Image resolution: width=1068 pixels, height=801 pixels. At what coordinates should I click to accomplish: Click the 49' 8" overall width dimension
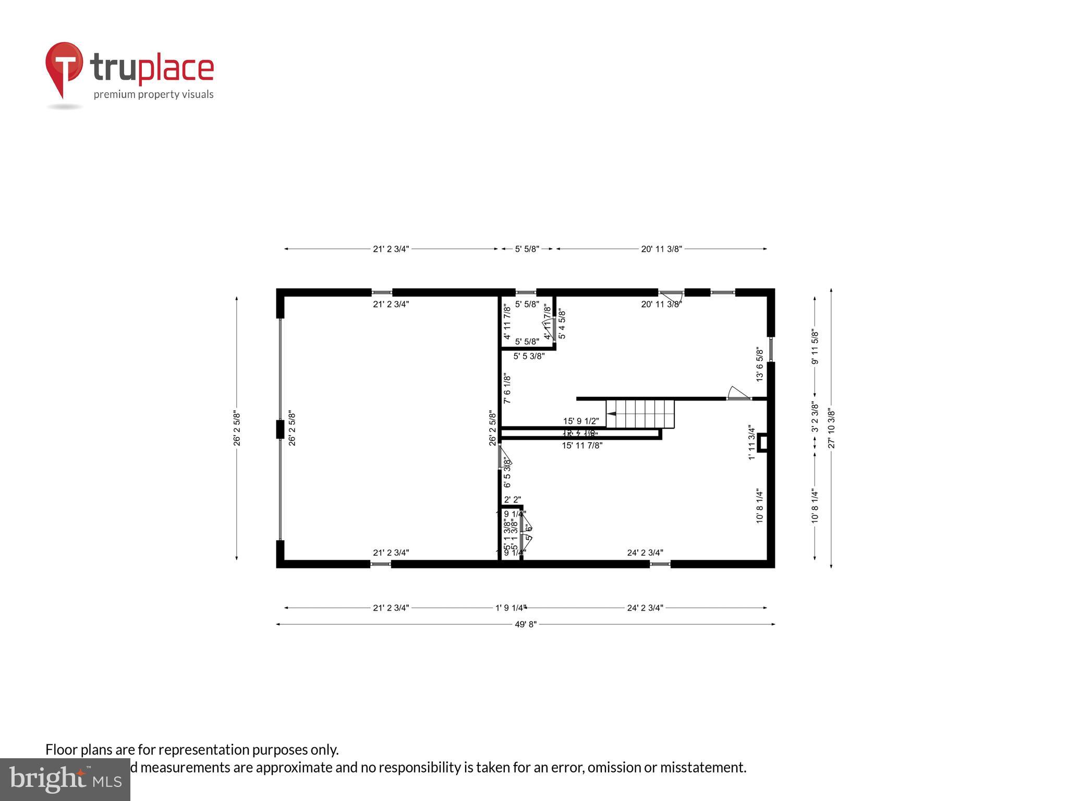pyautogui.click(x=526, y=624)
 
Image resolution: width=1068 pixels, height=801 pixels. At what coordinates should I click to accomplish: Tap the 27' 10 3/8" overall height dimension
pyautogui.click(x=831, y=429)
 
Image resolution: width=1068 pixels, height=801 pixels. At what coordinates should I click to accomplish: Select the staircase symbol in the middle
pyautogui.click(x=640, y=414)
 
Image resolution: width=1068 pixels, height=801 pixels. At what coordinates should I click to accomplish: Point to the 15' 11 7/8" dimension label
pyautogui.click(x=582, y=445)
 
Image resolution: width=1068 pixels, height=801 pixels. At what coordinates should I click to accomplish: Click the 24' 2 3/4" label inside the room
pyautogui.click(x=645, y=553)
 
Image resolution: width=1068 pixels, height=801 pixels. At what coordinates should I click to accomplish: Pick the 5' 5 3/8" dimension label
pyautogui.click(x=529, y=356)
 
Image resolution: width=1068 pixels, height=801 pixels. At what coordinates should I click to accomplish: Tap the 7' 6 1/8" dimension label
pyautogui.click(x=507, y=389)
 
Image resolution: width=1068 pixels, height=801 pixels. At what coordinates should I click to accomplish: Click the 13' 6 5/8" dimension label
pyautogui.click(x=760, y=365)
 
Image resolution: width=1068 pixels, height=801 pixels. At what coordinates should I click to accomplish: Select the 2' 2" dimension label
pyautogui.click(x=512, y=500)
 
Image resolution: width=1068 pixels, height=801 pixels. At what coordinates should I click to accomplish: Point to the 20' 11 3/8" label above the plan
pyautogui.click(x=661, y=249)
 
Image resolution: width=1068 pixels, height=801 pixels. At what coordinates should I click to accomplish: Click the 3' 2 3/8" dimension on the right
pyautogui.click(x=815, y=417)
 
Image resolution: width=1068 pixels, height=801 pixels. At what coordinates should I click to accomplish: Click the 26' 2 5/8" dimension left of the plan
pyautogui.click(x=237, y=428)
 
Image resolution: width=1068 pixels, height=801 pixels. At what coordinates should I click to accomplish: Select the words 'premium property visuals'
pyautogui.click(x=153, y=94)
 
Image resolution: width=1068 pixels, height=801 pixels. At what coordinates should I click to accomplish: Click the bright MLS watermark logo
pyautogui.click(x=65, y=780)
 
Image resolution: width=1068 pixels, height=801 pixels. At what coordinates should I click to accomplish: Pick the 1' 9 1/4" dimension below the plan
pyautogui.click(x=511, y=608)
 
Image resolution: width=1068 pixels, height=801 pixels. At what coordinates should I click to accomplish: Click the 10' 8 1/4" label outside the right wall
pyautogui.click(x=815, y=506)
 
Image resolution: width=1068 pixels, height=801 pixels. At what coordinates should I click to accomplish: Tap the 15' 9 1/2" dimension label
pyautogui.click(x=581, y=421)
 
